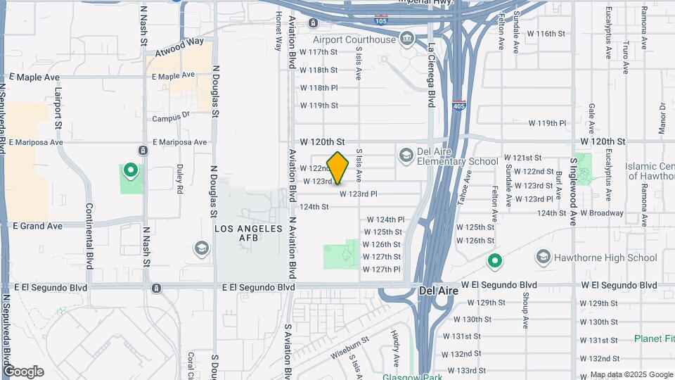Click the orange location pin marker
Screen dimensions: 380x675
tap(338, 167)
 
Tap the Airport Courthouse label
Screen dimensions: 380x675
tap(354, 40)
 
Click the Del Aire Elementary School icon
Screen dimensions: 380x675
tap(406, 154)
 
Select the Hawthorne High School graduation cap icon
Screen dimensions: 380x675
tap(543, 258)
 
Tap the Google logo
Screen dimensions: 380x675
tap(23, 372)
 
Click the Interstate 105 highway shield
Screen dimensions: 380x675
tap(381, 18)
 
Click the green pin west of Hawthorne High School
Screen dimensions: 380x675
tap(495, 262)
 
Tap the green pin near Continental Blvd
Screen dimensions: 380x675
tap(130, 170)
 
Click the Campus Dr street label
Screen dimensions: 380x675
tap(171, 118)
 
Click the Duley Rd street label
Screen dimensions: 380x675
tap(179, 179)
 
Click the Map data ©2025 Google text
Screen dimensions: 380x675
tap(631, 374)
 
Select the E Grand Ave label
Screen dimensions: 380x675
tap(37, 226)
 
